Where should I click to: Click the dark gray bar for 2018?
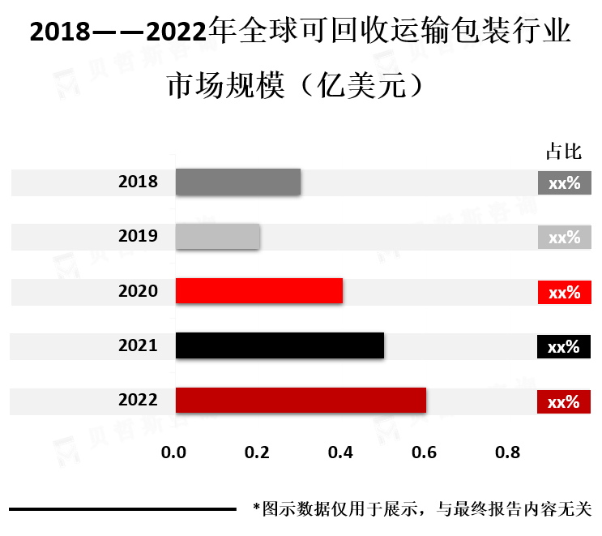[237, 182]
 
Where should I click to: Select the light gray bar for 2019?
[217, 236]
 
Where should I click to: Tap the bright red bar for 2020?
[258, 290]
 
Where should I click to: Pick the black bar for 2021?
[280, 345]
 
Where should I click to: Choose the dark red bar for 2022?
[300, 400]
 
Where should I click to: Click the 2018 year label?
[138, 182]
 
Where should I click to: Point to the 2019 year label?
[138, 237]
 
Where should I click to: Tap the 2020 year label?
[138, 291]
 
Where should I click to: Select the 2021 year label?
[138, 345]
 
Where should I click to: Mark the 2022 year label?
[138, 400]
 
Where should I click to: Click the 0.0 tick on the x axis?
[174, 453]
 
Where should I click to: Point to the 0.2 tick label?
[258, 453]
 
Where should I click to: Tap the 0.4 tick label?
[341, 453]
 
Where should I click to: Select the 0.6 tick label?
[425, 453]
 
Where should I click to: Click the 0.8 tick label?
[508, 453]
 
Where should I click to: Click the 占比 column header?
[564, 152]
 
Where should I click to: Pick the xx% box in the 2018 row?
[565, 182]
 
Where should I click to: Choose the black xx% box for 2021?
[564, 346]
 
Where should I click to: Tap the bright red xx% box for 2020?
[565, 292]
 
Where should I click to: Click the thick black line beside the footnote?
[122, 510]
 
